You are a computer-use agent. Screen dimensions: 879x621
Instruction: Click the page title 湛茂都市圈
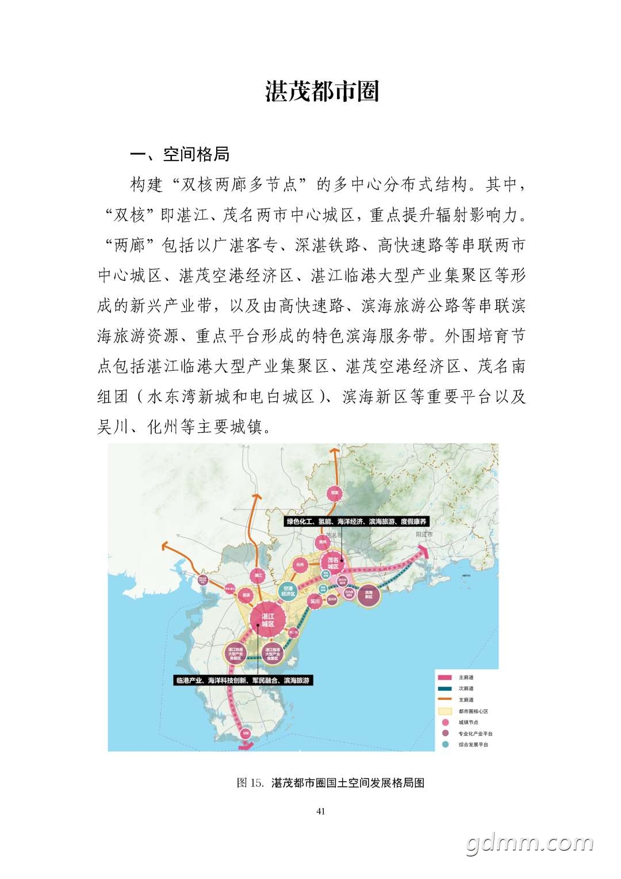coord(321,92)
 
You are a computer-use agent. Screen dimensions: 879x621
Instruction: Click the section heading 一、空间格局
coord(180,154)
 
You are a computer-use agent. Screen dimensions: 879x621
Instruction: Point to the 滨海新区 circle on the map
coord(368,595)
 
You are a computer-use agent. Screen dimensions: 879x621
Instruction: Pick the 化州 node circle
coord(300,566)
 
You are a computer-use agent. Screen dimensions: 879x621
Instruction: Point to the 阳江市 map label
coord(424,535)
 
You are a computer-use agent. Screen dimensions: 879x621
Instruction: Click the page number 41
coord(321,812)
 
